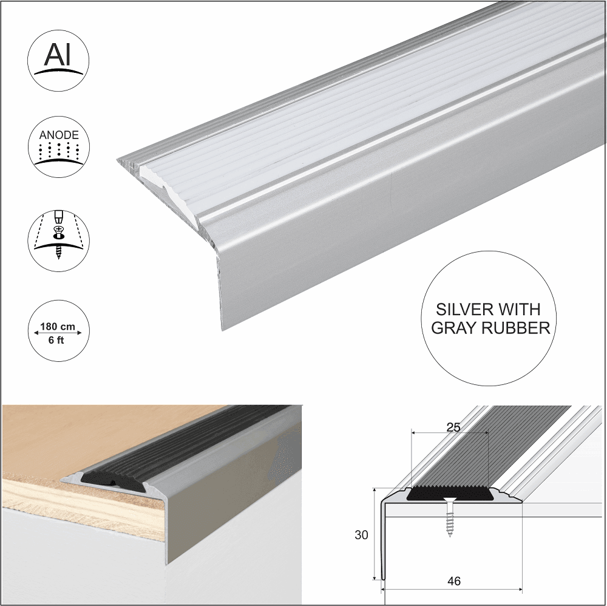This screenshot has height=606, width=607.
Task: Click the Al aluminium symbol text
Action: coord(58,55)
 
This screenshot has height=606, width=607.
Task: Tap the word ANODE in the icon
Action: coord(58,135)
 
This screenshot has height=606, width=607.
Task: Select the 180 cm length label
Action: coord(58,327)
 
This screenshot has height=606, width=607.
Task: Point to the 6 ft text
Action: coord(58,341)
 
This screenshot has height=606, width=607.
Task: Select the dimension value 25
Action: coord(453,426)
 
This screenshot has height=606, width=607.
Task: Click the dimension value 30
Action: coord(361,534)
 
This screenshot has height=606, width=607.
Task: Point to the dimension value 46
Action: coord(453,581)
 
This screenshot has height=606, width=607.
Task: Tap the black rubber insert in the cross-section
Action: coord(449,493)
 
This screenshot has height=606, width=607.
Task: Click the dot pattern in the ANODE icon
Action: coord(58,151)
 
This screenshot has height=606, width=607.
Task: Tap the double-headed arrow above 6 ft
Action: coord(58,333)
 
